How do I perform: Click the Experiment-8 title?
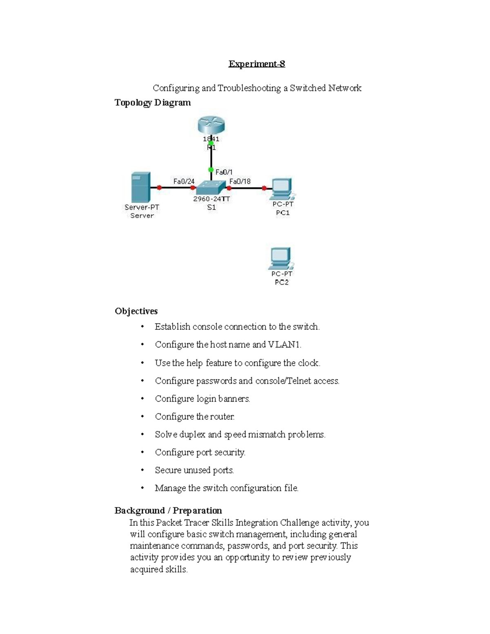[x=256, y=64]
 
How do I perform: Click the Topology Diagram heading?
[x=152, y=102]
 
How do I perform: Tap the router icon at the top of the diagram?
[x=211, y=125]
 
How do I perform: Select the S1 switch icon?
[x=211, y=188]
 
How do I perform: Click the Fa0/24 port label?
[x=184, y=181]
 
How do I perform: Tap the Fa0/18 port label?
[x=240, y=181]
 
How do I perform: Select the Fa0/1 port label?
[x=224, y=172]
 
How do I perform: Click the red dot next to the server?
[x=159, y=188]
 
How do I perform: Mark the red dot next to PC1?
[x=264, y=188]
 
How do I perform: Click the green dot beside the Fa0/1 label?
[x=211, y=169]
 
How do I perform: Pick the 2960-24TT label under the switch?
[x=211, y=199]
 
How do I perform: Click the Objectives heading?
[x=136, y=311]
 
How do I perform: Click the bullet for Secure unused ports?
[x=142, y=470]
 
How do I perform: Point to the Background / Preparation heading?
[x=168, y=511]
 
